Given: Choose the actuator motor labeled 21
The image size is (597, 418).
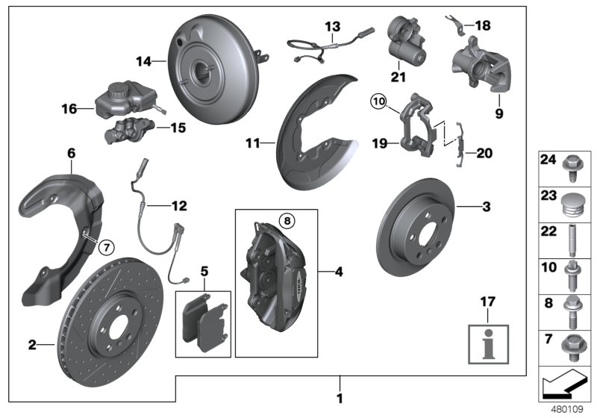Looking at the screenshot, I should pos(407,41).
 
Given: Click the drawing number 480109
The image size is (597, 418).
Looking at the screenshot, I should pos(566,409).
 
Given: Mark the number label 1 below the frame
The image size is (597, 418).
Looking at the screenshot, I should pos(340,398).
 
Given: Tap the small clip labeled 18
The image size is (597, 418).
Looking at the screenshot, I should pos(457,22).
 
